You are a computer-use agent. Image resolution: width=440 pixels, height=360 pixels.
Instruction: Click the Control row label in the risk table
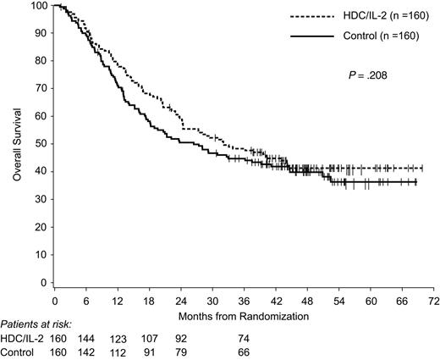point(20,352)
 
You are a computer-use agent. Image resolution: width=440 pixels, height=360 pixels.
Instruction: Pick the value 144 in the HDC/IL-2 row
point(87,339)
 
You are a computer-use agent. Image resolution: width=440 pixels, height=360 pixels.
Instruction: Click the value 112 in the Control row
point(118,352)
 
